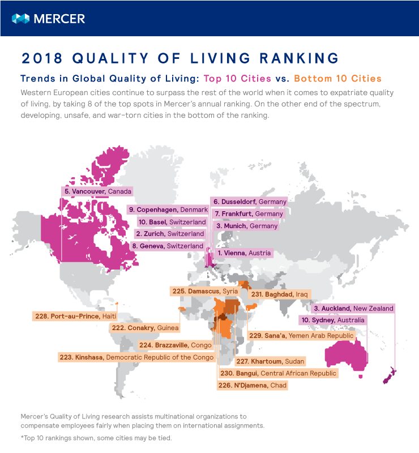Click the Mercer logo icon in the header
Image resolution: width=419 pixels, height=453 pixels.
(x=20, y=19)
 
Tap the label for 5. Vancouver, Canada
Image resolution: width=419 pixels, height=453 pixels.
(x=97, y=191)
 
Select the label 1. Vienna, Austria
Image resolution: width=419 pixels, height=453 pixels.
(x=244, y=253)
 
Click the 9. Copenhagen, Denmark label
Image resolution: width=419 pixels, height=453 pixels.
(x=168, y=210)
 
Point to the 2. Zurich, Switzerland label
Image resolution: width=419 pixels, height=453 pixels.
(x=169, y=234)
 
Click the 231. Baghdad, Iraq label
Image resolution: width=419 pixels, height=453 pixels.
(x=280, y=294)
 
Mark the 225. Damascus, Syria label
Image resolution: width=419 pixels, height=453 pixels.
(x=205, y=290)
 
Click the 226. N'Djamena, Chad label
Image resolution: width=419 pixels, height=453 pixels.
(x=253, y=386)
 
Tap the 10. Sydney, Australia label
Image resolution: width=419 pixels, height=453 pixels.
(x=332, y=320)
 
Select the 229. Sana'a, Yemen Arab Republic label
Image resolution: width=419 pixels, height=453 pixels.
(x=301, y=336)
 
